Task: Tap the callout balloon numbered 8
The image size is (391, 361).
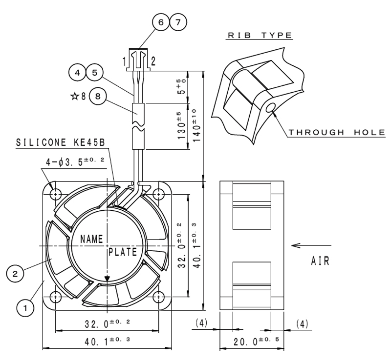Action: tap(98, 96)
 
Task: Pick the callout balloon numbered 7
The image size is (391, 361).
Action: tap(178, 22)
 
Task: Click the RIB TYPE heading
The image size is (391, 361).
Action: tap(260, 35)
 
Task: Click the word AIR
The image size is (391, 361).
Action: tap(320, 261)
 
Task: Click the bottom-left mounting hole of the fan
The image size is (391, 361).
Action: tap(56, 296)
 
